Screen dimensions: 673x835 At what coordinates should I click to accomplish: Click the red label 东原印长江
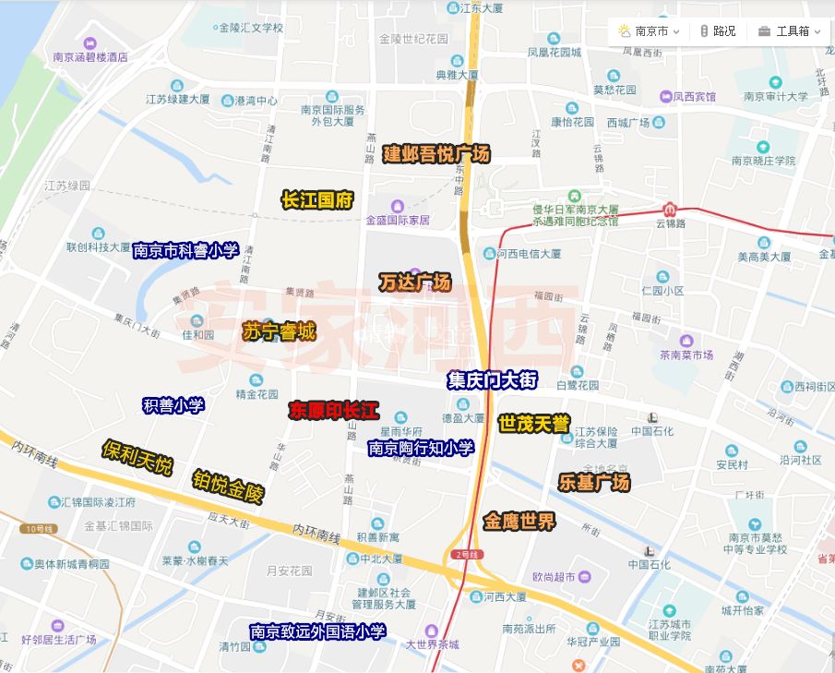pyautogui.click(x=333, y=409)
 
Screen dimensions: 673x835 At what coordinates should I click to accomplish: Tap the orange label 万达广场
pyautogui.click(x=414, y=282)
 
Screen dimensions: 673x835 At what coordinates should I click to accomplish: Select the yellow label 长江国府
pyautogui.click(x=317, y=200)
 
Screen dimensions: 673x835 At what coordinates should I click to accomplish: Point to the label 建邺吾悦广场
pyautogui.click(x=436, y=154)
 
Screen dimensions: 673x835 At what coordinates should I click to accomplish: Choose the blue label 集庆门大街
pyautogui.click(x=492, y=379)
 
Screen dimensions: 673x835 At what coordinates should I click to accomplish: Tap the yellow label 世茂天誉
pyautogui.click(x=533, y=424)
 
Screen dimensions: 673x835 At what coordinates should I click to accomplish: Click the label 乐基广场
pyautogui.click(x=594, y=482)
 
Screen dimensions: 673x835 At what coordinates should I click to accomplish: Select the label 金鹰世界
pyautogui.click(x=519, y=523)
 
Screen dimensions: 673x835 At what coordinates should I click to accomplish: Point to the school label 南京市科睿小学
pyautogui.click(x=185, y=250)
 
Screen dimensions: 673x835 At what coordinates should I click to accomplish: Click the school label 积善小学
pyautogui.click(x=173, y=404)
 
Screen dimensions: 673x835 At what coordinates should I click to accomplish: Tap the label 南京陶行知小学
pyautogui.click(x=421, y=448)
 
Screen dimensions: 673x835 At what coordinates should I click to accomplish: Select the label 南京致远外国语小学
pyautogui.click(x=318, y=631)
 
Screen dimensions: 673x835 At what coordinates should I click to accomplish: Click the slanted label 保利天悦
pyautogui.click(x=137, y=457)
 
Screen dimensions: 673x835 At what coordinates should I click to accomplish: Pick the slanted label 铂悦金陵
pyautogui.click(x=228, y=487)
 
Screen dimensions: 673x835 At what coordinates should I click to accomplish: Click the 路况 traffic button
pyautogui.click(x=717, y=31)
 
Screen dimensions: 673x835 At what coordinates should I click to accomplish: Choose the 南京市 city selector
pyautogui.click(x=650, y=31)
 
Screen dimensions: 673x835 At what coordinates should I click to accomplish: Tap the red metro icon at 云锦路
pyautogui.click(x=671, y=208)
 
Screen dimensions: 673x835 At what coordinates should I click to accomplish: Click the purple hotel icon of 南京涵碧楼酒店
pyautogui.click(x=90, y=42)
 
